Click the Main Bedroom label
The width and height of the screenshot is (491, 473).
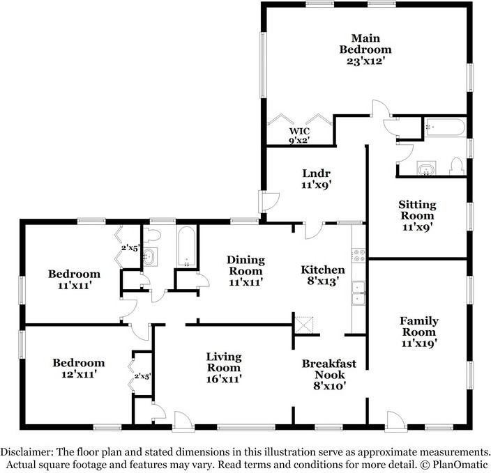[365, 49]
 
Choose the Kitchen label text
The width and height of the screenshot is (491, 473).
[322, 275]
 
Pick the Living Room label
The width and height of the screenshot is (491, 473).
[223, 368]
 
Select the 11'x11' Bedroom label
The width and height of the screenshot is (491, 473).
[74, 279]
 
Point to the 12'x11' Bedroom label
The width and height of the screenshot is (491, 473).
[79, 368]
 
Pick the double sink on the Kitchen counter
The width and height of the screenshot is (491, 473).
[358, 294]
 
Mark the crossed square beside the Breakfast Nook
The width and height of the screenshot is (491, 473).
[305, 324]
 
